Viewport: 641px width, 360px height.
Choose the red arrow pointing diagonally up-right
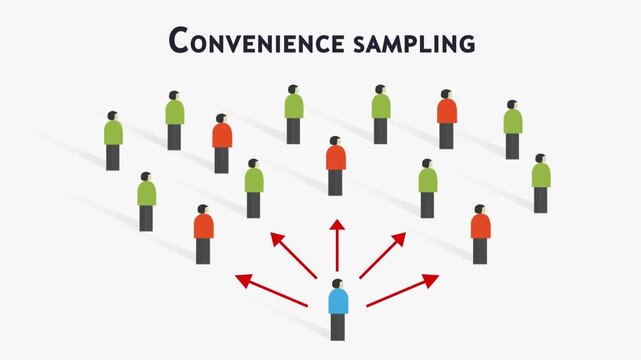(x=382, y=255)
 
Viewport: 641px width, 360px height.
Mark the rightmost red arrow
(x=403, y=289)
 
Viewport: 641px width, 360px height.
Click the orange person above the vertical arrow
(x=335, y=166)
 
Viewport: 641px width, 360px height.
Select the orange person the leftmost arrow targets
(x=203, y=234)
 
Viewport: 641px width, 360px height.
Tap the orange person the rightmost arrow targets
(x=480, y=234)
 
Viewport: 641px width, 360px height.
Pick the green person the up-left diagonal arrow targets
(x=254, y=188)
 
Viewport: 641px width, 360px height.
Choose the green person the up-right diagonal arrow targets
(x=427, y=188)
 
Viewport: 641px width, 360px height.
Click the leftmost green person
(x=113, y=141)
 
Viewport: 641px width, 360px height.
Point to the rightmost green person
(x=541, y=183)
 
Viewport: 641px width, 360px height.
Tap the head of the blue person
(x=338, y=285)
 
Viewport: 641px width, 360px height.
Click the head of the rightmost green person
(x=540, y=159)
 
